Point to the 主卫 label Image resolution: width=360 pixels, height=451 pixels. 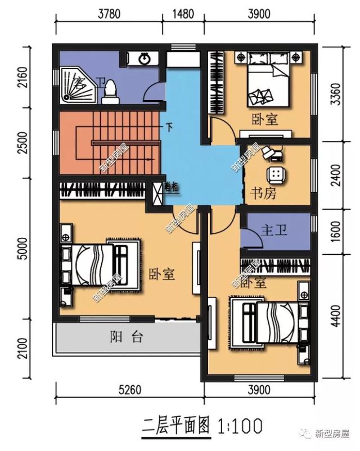click(x=274, y=231)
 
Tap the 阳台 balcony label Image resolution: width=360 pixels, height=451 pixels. click(x=127, y=337)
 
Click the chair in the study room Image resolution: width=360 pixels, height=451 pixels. click(x=276, y=173)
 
